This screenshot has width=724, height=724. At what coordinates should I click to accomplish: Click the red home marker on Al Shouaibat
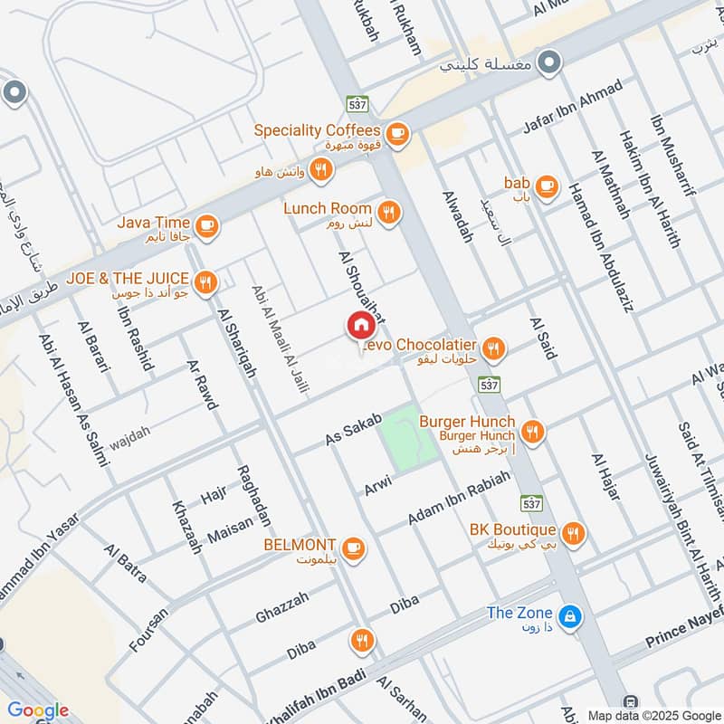[360, 326]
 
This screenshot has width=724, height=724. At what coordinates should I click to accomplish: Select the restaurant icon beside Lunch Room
[389, 212]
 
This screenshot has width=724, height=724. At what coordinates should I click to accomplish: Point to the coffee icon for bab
[546, 186]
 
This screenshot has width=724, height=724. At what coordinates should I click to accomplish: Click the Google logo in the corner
[38, 710]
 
